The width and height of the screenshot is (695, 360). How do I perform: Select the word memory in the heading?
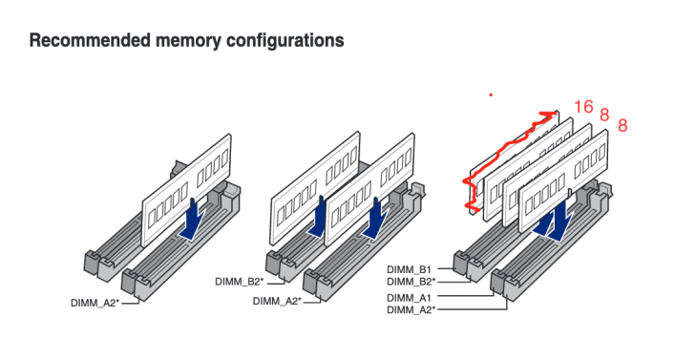click(191, 42)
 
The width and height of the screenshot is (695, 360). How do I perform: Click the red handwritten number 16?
click(584, 106)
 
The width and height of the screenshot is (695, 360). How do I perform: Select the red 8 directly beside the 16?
click(604, 115)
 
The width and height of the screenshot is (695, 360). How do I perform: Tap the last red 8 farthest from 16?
click(622, 125)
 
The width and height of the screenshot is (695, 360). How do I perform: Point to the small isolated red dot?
click(491, 95)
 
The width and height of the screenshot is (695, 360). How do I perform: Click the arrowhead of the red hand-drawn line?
click(549, 114)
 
